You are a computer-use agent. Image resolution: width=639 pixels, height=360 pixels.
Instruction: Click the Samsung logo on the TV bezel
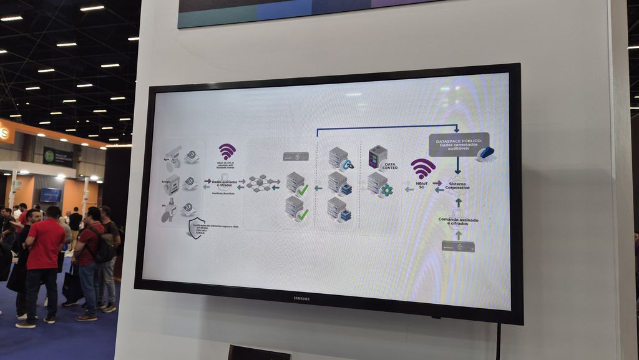[x=302, y=298]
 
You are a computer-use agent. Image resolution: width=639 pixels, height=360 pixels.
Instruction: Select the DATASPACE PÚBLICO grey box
[x=459, y=144]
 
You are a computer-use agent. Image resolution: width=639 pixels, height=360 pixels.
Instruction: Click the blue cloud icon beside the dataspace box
[x=486, y=153]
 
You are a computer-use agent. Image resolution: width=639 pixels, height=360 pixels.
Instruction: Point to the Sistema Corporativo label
[x=458, y=186]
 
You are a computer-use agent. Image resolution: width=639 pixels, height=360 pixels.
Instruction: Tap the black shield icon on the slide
[x=197, y=228]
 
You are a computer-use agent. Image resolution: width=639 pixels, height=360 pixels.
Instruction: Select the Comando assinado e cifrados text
[x=458, y=221]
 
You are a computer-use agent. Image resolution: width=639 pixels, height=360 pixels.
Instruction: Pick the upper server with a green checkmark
[x=296, y=183]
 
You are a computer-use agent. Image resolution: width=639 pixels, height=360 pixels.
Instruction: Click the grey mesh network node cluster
[x=258, y=183]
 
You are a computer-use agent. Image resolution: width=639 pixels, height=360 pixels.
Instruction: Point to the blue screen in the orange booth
[x=51, y=195]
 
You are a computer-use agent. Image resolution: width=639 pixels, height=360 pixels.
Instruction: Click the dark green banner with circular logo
[x=57, y=156]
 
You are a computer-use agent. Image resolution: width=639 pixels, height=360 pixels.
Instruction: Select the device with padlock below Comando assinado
[x=458, y=246]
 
